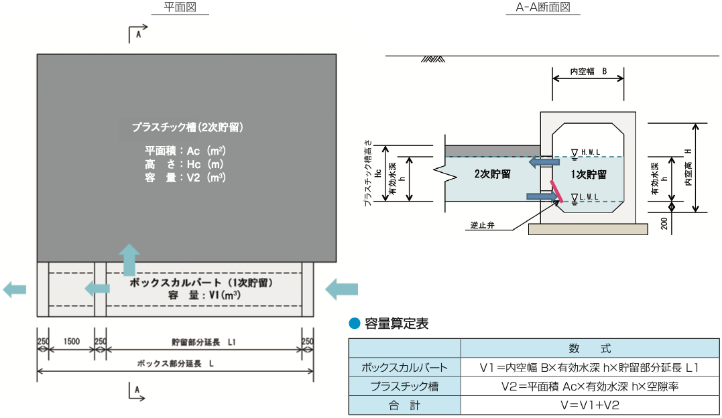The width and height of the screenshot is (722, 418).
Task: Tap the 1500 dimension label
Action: (72, 342)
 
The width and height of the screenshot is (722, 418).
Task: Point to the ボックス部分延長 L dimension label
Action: (175, 363)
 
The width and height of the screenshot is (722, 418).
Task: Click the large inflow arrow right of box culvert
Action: (342, 289)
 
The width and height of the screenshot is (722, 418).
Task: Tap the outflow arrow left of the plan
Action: (15, 289)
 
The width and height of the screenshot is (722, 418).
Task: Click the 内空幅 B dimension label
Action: (588, 70)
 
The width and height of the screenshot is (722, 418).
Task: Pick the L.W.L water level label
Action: (589, 197)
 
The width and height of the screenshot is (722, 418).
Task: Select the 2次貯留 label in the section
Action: (492, 174)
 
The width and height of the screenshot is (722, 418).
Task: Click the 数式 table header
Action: (590, 348)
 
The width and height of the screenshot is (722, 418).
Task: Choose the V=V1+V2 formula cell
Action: (590, 405)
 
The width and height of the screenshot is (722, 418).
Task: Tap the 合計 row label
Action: (404, 405)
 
